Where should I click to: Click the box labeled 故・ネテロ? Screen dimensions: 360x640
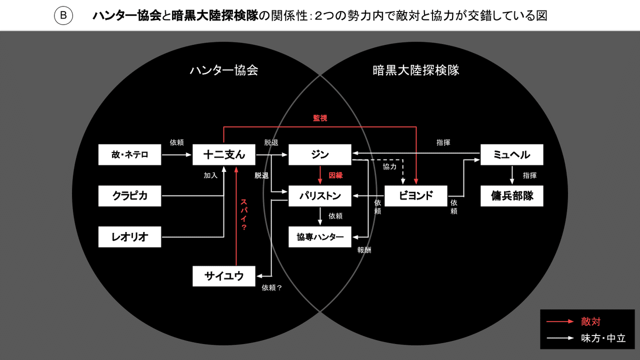click(x=130, y=155)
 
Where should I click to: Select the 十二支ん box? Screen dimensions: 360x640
click(x=224, y=155)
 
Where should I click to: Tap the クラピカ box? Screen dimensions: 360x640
click(x=130, y=196)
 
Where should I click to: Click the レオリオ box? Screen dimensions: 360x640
click(x=130, y=237)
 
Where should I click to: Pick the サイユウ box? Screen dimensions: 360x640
click(x=224, y=276)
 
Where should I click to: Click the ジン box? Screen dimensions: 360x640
click(x=320, y=155)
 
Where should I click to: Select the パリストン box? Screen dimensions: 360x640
click(x=320, y=196)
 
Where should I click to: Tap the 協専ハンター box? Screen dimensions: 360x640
click(x=320, y=237)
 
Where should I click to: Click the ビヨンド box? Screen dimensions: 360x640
click(x=415, y=196)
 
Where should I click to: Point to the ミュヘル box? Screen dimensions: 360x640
click(x=511, y=155)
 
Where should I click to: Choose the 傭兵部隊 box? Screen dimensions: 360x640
click(x=511, y=196)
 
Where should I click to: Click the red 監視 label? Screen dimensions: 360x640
click(x=320, y=118)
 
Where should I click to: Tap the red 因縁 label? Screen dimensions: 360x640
click(x=335, y=176)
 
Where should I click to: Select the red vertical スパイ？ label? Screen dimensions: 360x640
click(x=244, y=214)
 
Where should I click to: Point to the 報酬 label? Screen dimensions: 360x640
click(x=364, y=250)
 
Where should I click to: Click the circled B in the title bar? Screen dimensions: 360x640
click(x=63, y=16)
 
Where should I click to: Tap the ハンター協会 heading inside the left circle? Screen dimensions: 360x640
click(x=223, y=70)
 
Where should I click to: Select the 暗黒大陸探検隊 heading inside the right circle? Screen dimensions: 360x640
click(x=416, y=70)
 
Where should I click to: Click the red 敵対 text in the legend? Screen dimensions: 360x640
click(x=590, y=321)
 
